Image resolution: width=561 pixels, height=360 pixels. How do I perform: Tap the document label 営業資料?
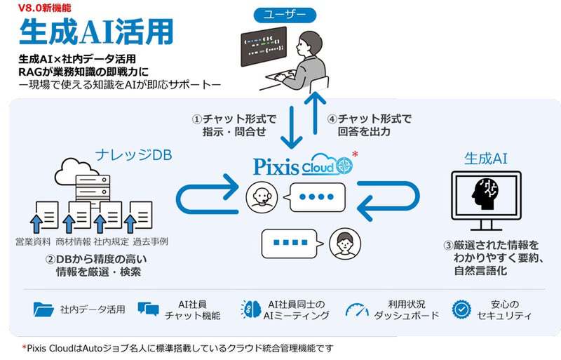click(32, 241)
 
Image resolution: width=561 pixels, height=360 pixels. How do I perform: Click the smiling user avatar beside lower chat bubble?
click(341, 242)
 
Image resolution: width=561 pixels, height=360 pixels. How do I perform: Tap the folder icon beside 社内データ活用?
click(43, 309)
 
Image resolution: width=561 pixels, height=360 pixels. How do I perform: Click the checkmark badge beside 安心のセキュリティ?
click(461, 309)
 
